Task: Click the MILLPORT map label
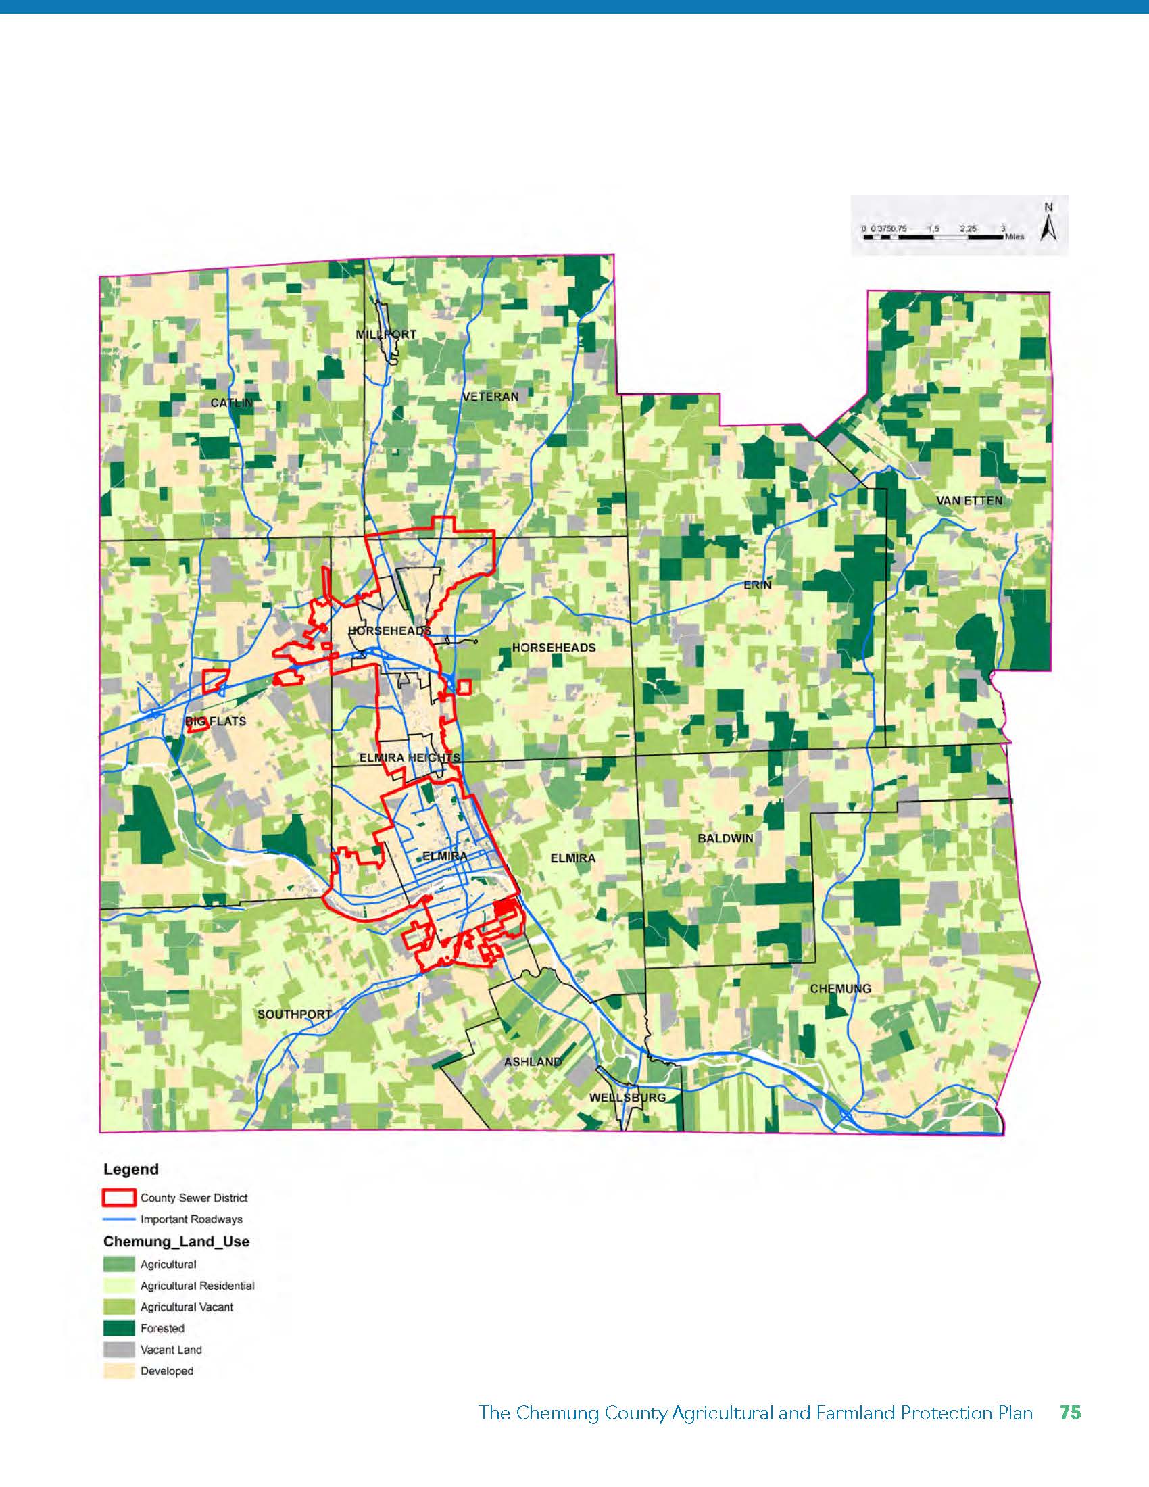(386, 335)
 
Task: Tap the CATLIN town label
(231, 403)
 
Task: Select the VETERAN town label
(490, 396)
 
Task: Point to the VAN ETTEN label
(969, 500)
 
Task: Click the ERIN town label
(758, 585)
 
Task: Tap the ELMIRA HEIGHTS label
(410, 758)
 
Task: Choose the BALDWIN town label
(726, 838)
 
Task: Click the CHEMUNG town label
(840, 989)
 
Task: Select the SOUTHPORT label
(294, 1015)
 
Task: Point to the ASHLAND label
(533, 1061)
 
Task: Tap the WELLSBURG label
(627, 1098)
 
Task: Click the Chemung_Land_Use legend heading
(176, 1241)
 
